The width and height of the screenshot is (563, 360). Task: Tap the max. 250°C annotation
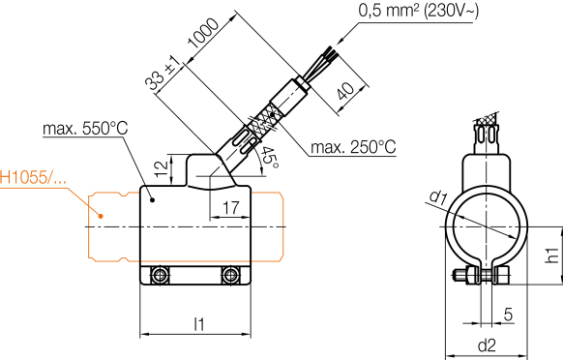353,147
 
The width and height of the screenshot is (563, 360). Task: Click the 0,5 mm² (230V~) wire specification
420,12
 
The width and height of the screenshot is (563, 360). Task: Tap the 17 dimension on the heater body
230,207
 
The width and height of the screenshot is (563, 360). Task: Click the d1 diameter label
437,199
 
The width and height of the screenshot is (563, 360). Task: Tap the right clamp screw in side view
230,277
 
